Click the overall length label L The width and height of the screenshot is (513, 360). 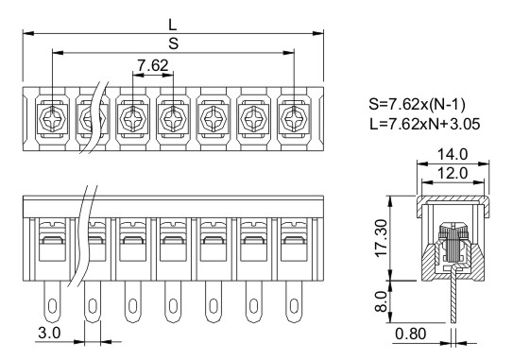(x=173, y=25)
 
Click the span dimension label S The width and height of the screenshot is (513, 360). (x=174, y=43)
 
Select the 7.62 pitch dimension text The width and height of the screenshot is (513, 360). (x=153, y=65)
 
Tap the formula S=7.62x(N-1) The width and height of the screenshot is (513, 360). (x=417, y=104)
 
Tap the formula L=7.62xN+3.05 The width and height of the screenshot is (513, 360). (x=424, y=124)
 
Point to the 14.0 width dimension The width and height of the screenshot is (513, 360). (x=453, y=154)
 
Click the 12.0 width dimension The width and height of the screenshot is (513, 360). (x=453, y=173)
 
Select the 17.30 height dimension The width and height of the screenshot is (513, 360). (x=382, y=238)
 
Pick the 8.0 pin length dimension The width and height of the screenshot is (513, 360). (x=382, y=301)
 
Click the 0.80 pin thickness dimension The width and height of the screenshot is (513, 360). (x=411, y=334)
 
